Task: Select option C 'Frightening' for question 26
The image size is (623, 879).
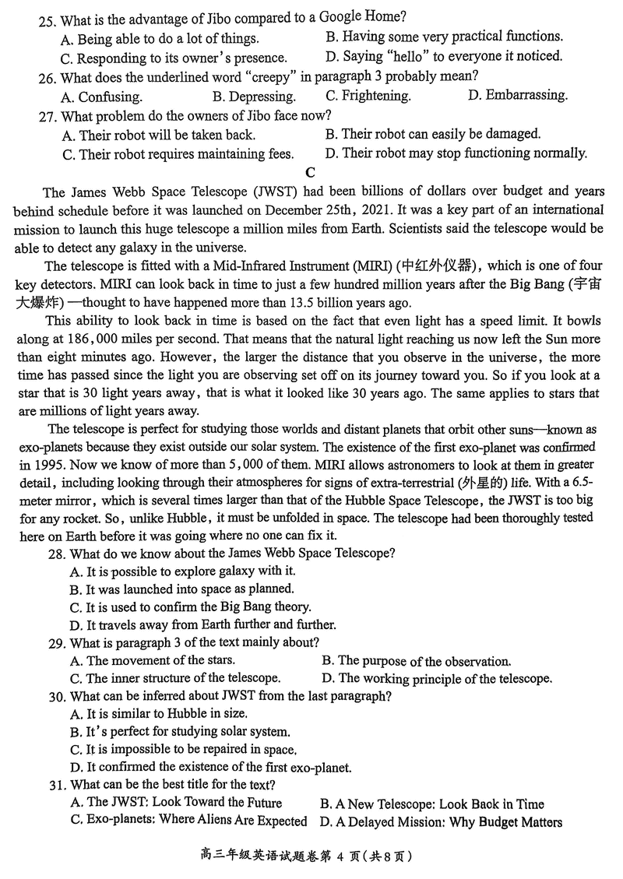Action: point(368,96)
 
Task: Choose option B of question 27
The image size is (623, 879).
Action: point(433,134)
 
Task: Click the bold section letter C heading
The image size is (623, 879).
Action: point(311,172)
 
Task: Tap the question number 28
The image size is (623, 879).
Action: point(56,554)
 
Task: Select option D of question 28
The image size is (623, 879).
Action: point(202,624)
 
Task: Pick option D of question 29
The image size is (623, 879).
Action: point(437,678)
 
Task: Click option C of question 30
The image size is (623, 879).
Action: point(183,750)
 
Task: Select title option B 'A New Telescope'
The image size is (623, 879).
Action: point(431,803)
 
